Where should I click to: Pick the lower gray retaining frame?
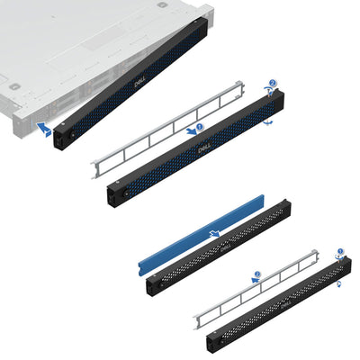(x=256, y=288)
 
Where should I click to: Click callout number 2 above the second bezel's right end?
(x=272, y=82)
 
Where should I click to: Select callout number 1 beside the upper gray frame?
(x=200, y=128)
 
